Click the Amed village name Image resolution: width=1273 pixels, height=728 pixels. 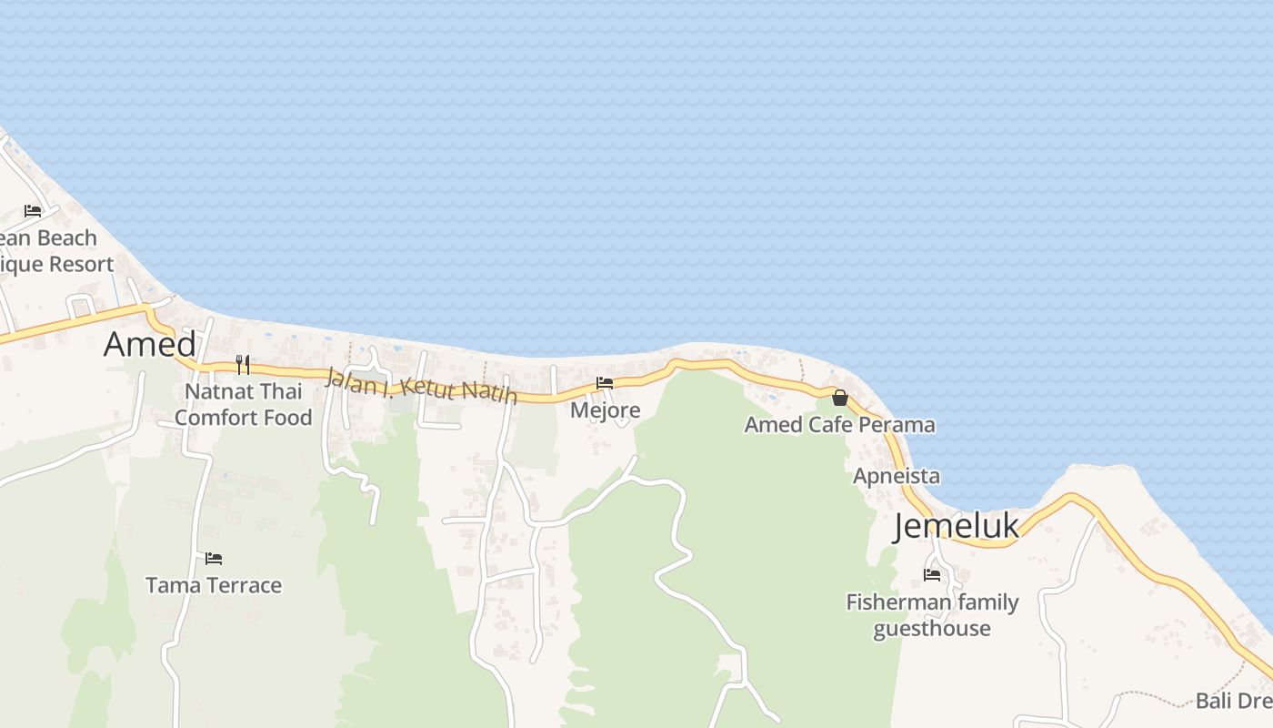coord(150,344)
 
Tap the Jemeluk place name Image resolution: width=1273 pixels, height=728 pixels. coord(956,526)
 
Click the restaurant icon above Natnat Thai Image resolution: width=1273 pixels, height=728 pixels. coord(243,364)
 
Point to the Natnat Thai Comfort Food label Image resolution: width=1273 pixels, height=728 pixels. coord(243,405)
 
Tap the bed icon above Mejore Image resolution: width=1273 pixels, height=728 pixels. coord(605,383)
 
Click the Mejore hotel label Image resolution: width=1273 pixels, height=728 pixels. coord(605,410)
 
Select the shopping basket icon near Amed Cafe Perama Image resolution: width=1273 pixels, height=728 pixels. coord(840,398)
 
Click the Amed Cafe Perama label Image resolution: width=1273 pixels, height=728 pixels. coord(839,425)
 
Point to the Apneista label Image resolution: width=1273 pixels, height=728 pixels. coord(896,476)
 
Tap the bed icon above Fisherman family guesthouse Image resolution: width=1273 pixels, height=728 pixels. coord(932,575)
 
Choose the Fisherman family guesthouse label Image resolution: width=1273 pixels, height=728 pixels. coord(932,615)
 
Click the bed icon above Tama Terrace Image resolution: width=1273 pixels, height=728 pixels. coord(214,558)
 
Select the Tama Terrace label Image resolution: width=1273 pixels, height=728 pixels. coord(214,585)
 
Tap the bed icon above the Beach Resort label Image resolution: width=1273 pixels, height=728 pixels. coord(34,211)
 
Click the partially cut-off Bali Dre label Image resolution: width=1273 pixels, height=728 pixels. coord(1233,701)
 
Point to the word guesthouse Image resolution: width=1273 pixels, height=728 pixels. coord(932,629)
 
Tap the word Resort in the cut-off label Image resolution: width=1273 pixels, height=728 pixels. coord(81,265)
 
